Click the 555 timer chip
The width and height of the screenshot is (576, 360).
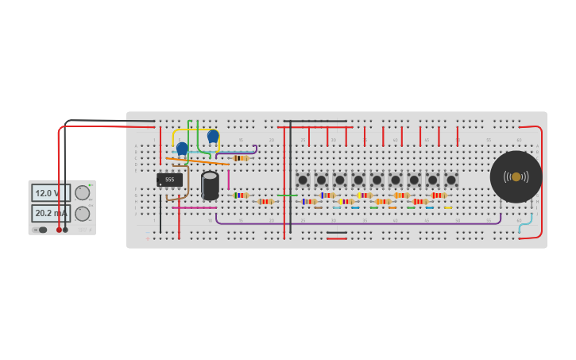(169, 180)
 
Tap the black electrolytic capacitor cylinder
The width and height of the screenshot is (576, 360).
(210, 186)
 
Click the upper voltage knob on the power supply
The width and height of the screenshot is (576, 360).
(82, 192)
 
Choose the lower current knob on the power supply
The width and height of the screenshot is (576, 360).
(82, 213)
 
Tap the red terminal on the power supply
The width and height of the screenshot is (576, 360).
(59, 230)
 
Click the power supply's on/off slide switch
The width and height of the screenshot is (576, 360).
(40, 230)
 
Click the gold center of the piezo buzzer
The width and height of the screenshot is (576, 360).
(516, 176)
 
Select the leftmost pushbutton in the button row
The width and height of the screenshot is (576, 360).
(303, 180)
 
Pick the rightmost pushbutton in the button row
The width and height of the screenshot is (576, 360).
(451, 180)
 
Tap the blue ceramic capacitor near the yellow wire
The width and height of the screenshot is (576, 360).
(213, 137)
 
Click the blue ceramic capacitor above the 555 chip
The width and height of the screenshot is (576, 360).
(182, 149)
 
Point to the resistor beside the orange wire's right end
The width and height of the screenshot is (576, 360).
(241, 158)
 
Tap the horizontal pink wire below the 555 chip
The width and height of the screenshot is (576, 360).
(194, 208)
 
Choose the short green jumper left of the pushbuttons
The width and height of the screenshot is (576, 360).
(288, 195)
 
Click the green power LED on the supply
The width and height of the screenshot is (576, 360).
(91, 185)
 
